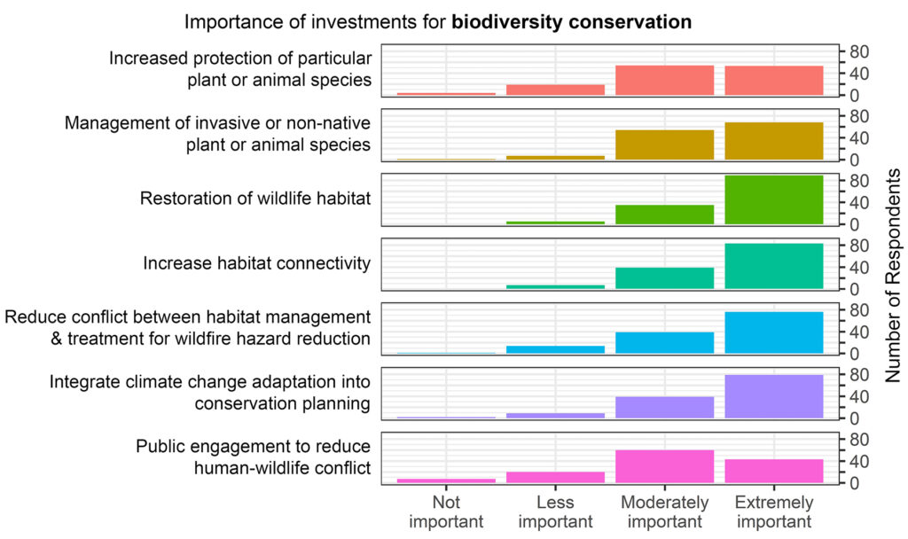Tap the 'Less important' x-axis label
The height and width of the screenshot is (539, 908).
point(555,512)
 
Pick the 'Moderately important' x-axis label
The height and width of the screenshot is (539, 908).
point(664,512)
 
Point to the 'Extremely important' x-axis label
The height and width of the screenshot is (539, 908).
point(774,512)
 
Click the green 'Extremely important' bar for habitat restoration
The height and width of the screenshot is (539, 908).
point(774,199)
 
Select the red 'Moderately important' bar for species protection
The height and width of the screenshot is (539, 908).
point(664,80)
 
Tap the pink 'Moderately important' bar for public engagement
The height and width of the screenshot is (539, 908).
point(664,466)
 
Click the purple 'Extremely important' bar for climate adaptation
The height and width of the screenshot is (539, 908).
point(774,396)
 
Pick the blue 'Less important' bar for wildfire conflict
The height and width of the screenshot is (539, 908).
point(555,349)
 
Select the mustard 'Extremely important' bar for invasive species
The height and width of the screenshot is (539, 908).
point(774,141)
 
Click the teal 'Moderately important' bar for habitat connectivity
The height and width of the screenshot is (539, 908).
point(664,277)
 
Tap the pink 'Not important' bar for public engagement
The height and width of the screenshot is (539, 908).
point(446,480)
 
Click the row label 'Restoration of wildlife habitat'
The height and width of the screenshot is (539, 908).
point(254,199)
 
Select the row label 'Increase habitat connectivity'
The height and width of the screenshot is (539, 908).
point(256,263)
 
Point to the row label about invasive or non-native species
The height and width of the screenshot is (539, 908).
point(217,133)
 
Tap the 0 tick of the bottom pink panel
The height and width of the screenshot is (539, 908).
point(854,483)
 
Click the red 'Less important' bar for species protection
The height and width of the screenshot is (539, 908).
point(555,90)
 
